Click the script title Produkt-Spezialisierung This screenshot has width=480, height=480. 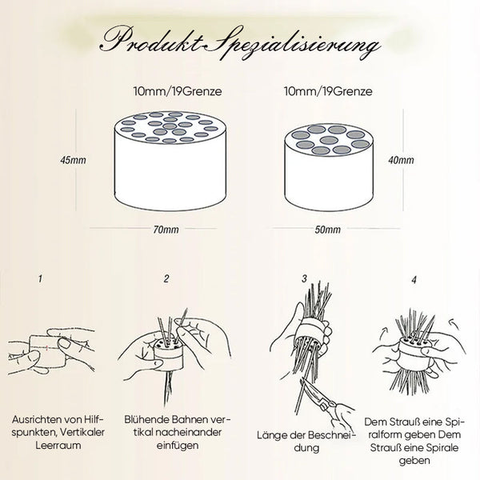(x=241, y=43)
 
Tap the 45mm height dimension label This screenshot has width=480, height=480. (x=73, y=160)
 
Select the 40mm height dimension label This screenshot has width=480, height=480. (x=401, y=160)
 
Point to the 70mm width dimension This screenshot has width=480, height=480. (x=166, y=230)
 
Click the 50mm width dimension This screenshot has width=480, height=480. (x=327, y=230)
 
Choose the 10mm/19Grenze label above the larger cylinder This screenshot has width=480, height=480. (x=178, y=91)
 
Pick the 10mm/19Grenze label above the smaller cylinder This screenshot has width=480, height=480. (x=328, y=91)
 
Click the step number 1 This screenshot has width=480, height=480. (x=40, y=279)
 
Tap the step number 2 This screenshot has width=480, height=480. (x=166, y=279)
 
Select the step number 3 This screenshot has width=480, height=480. (x=304, y=279)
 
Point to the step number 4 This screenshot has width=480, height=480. (x=414, y=280)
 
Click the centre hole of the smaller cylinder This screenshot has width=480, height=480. (x=329, y=141)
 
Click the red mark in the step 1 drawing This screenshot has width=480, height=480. (x=47, y=347)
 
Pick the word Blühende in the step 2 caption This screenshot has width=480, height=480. (x=146, y=419)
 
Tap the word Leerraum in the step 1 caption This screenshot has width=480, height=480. (x=58, y=445)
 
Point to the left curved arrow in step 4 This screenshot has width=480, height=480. (x=383, y=333)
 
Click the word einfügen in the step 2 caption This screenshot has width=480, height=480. (x=178, y=446)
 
